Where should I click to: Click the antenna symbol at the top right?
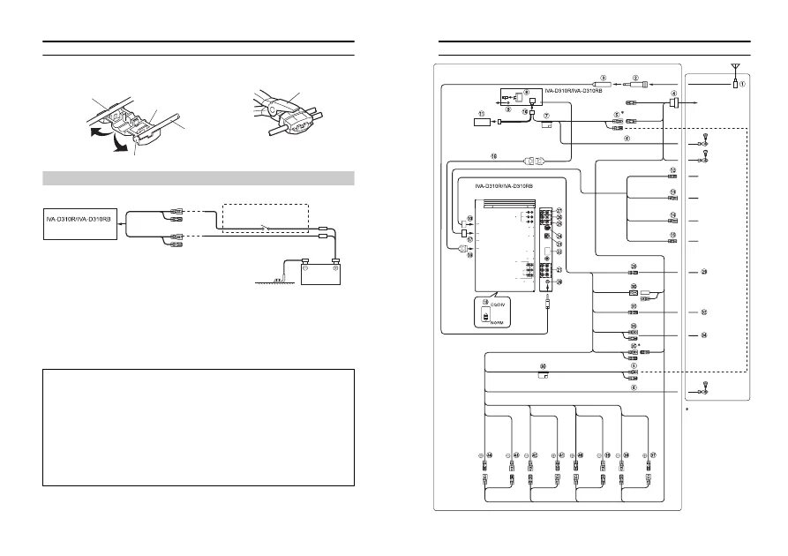735,68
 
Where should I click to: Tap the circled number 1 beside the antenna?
743,85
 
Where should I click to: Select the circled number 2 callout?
634,78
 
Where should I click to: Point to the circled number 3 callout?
604,78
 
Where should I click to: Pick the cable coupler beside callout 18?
536,162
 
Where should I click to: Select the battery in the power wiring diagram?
321,274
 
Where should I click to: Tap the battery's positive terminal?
335,260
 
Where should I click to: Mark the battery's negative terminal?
306,260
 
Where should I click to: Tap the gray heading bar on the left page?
199,178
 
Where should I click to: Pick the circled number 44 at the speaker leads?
484,455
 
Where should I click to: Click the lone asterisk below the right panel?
687,410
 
